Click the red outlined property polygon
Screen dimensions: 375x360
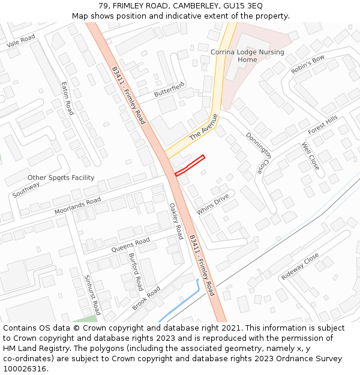tap(190, 166)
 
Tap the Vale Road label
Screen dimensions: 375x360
tap(21, 41)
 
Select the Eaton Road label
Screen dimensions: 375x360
tap(67, 98)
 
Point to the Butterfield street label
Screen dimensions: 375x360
tap(169, 91)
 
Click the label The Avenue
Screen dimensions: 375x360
tap(203, 127)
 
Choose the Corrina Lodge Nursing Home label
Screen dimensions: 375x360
tap(247, 56)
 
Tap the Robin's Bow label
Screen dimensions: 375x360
tap(307, 64)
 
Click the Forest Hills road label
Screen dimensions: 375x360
tap(323, 125)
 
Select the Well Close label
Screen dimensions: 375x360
tap(310, 155)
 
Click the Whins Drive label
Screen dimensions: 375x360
tap(213, 203)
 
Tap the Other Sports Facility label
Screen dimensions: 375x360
tap(61, 178)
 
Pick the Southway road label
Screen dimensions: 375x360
tap(26, 190)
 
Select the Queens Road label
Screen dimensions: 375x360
tap(130, 245)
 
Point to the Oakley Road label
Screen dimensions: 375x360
tap(175, 221)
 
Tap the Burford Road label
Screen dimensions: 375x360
tap(136, 271)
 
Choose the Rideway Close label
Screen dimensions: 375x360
tap(300, 266)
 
